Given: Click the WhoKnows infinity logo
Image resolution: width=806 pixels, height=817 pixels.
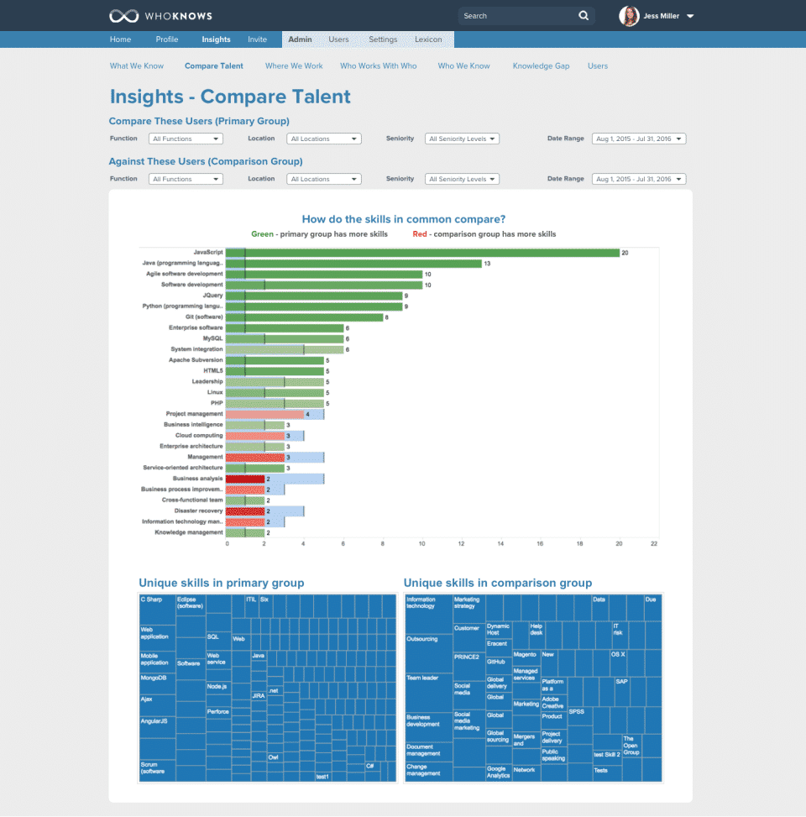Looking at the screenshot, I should [x=123, y=16].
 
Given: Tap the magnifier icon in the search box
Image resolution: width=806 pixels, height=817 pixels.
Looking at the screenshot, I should [x=584, y=16].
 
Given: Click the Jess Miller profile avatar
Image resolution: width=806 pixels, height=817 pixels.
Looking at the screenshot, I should [x=629, y=16].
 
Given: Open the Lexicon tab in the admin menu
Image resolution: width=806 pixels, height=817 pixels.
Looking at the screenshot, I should [x=428, y=39].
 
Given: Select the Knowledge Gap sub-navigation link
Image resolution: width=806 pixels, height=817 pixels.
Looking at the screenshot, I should [x=541, y=65].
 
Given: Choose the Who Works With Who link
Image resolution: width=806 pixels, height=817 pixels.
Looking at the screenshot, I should [x=378, y=65].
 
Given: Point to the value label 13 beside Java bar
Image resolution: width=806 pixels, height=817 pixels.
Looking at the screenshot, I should [x=488, y=264].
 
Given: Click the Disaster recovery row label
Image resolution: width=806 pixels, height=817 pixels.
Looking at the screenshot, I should [x=198, y=511].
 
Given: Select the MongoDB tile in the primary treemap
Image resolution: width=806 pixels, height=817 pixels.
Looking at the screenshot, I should [x=154, y=677].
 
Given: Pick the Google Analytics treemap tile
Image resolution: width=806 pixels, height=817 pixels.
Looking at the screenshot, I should [x=497, y=772].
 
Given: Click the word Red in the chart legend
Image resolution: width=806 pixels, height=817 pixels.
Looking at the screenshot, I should [x=420, y=234].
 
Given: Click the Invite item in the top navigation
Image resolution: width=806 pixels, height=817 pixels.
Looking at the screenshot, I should [x=257, y=39].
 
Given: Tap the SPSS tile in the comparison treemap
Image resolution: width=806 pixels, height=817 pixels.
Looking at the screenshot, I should [x=577, y=712].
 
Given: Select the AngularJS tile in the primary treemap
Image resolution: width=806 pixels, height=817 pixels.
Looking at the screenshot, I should [x=154, y=720].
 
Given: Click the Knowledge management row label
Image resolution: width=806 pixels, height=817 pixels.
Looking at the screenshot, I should [x=189, y=532].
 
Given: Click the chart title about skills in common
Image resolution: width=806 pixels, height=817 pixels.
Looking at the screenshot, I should [x=404, y=219].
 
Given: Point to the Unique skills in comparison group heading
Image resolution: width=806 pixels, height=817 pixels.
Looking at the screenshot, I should [x=498, y=583].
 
